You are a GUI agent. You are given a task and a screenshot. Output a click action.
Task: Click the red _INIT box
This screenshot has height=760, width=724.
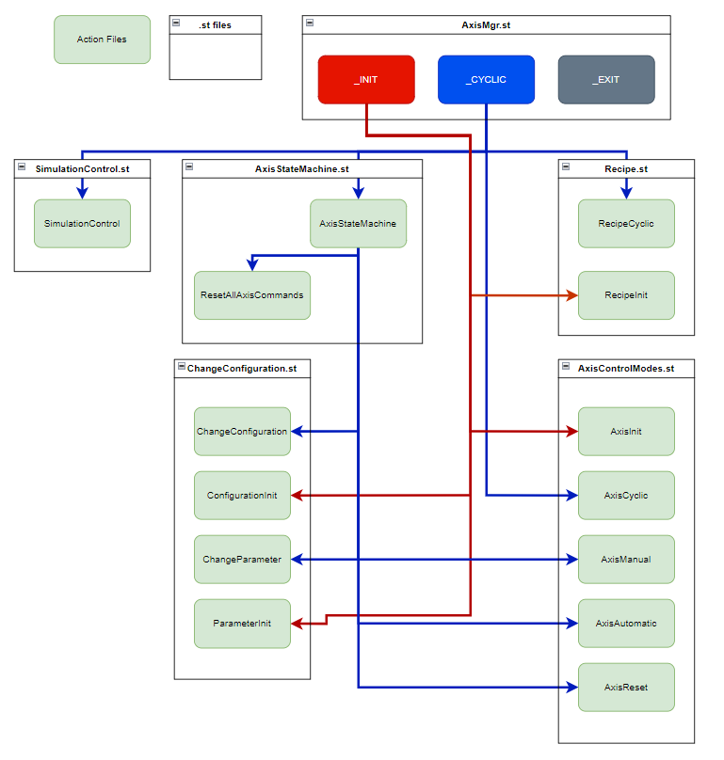[x=366, y=80]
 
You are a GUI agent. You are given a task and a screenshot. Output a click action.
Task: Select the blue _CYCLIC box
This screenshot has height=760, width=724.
[x=486, y=80]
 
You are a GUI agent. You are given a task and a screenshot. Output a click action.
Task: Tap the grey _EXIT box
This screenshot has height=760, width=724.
[x=605, y=80]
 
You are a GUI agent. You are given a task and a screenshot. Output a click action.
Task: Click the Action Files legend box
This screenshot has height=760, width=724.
[x=102, y=40]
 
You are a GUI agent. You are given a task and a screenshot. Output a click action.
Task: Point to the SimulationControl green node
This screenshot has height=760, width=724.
[x=82, y=224]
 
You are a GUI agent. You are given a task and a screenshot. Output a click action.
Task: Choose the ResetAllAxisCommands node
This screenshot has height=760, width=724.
[x=251, y=295]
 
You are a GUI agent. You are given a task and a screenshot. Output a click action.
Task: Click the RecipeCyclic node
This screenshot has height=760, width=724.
[x=626, y=224]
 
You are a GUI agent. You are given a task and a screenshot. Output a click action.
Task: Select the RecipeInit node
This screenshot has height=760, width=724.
[x=626, y=295]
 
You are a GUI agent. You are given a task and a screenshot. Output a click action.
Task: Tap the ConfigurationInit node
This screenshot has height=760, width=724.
[x=242, y=495]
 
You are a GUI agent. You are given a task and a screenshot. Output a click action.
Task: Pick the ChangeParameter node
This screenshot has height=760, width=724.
[x=242, y=559]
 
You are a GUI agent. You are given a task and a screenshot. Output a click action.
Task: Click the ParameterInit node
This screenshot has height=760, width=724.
[x=242, y=624]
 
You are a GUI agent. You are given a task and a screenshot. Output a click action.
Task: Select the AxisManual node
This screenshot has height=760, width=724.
[x=626, y=559]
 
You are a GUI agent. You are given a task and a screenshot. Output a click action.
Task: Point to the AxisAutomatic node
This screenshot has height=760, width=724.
[x=626, y=624]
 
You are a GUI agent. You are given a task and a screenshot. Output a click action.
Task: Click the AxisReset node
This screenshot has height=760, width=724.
[x=626, y=688]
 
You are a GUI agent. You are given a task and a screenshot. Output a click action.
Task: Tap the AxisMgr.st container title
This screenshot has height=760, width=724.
[x=486, y=25]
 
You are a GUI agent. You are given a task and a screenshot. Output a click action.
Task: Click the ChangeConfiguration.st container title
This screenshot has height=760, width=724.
[x=242, y=369]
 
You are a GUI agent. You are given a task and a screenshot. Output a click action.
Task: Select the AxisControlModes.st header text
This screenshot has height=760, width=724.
[x=626, y=369]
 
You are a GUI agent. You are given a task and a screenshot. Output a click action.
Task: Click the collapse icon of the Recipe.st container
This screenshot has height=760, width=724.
[x=566, y=166]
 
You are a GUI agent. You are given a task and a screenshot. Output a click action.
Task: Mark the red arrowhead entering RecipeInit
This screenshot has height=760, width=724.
[x=572, y=295]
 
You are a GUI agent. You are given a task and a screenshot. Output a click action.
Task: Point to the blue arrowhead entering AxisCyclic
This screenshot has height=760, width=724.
[x=572, y=495]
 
